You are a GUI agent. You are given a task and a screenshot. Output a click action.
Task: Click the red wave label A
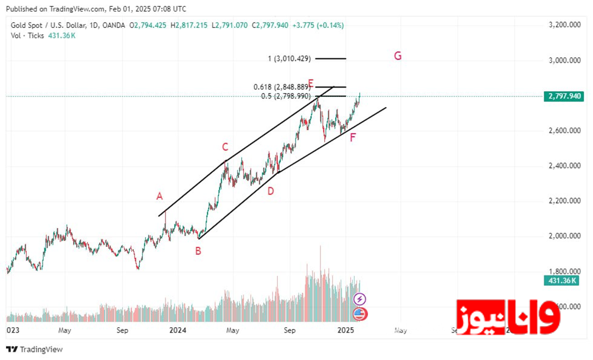pyautogui.click(x=159, y=196)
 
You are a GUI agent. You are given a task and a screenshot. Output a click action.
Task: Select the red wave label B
pyautogui.click(x=198, y=250)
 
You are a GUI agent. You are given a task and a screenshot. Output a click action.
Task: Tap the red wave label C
pyautogui.click(x=225, y=147)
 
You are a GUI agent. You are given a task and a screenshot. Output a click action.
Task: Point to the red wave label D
pyautogui.click(x=271, y=191)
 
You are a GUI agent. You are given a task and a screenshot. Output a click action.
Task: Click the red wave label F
pyautogui.click(x=353, y=137)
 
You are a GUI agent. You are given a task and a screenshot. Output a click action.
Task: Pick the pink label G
pyautogui.click(x=397, y=56)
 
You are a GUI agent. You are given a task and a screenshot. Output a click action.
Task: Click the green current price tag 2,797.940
pyautogui.click(x=566, y=96)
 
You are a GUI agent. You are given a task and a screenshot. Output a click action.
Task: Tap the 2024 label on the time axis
pyautogui.click(x=178, y=330)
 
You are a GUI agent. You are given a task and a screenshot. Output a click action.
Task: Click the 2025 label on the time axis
pyautogui.click(x=345, y=330)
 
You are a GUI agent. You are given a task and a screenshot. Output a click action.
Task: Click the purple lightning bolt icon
pyautogui.click(x=360, y=299)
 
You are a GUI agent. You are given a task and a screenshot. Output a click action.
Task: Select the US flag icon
pyautogui.click(x=360, y=314)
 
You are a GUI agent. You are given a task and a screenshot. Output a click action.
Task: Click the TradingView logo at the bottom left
pyautogui.click(x=34, y=350)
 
